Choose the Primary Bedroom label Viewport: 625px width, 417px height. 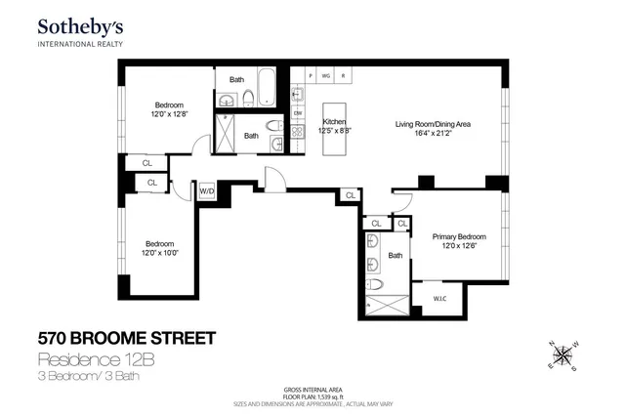(459, 236)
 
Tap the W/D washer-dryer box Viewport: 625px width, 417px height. (207, 191)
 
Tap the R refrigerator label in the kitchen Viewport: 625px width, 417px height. (343, 75)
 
